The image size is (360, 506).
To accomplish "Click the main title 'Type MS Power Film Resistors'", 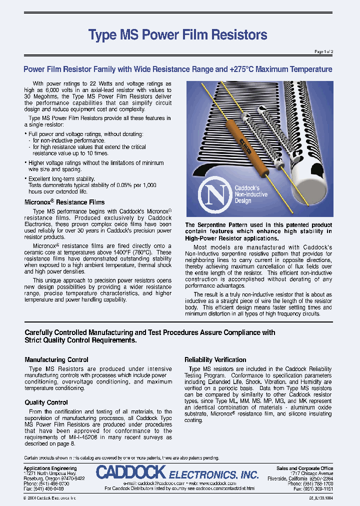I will [x=177, y=34].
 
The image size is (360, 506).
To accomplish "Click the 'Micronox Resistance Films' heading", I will [x=65, y=202].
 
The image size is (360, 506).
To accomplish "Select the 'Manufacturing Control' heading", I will [x=56, y=359].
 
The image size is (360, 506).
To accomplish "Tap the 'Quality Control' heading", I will [x=46, y=402].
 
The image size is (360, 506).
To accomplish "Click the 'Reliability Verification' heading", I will [x=215, y=359].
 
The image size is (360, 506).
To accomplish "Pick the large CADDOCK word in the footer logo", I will [x=131, y=472].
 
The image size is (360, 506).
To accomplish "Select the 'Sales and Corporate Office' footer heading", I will [x=304, y=468].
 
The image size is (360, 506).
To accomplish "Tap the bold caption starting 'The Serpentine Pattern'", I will [x=258, y=231].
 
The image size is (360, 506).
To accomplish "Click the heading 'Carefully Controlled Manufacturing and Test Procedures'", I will [x=150, y=332].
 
